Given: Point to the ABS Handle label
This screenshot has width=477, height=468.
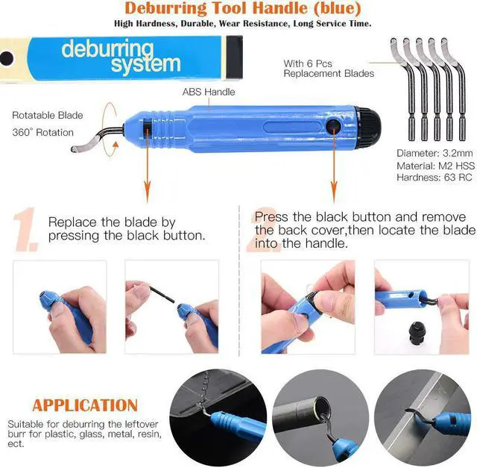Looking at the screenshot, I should tap(209, 92).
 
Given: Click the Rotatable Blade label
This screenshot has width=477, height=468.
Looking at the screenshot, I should tap(48, 116).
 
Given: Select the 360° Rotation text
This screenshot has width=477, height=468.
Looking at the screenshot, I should tap(43, 132).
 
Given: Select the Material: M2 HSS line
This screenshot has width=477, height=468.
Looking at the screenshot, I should tap(435, 166).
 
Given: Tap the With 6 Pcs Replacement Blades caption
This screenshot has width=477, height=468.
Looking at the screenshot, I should tap(329, 69).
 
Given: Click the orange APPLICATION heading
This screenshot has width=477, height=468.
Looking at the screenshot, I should tap(85, 405).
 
